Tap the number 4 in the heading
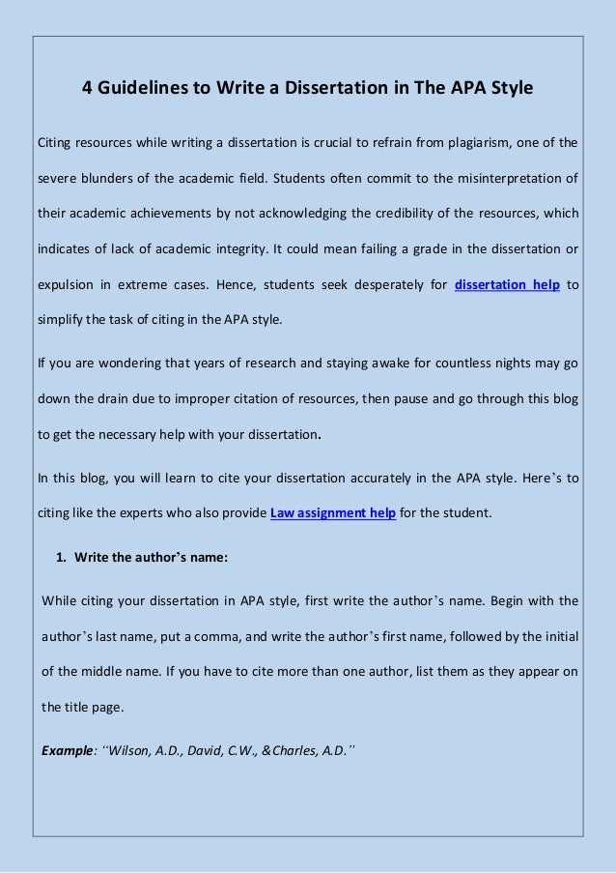(86, 88)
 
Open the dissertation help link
(506, 284)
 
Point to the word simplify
(63, 319)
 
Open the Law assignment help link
(334, 512)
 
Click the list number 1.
(60, 557)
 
